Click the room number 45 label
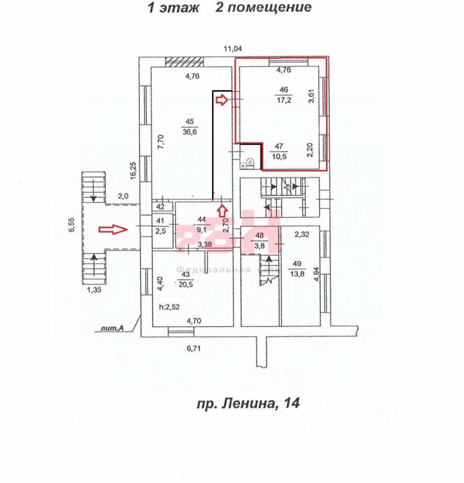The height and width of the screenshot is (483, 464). pyautogui.click(x=190, y=121)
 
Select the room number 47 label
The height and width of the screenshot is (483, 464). pyautogui.click(x=280, y=146)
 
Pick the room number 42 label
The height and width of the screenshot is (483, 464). pyautogui.click(x=161, y=207)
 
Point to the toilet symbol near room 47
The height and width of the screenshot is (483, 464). pyautogui.click(x=250, y=163)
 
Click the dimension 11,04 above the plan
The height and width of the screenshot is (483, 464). pyautogui.click(x=233, y=49)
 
